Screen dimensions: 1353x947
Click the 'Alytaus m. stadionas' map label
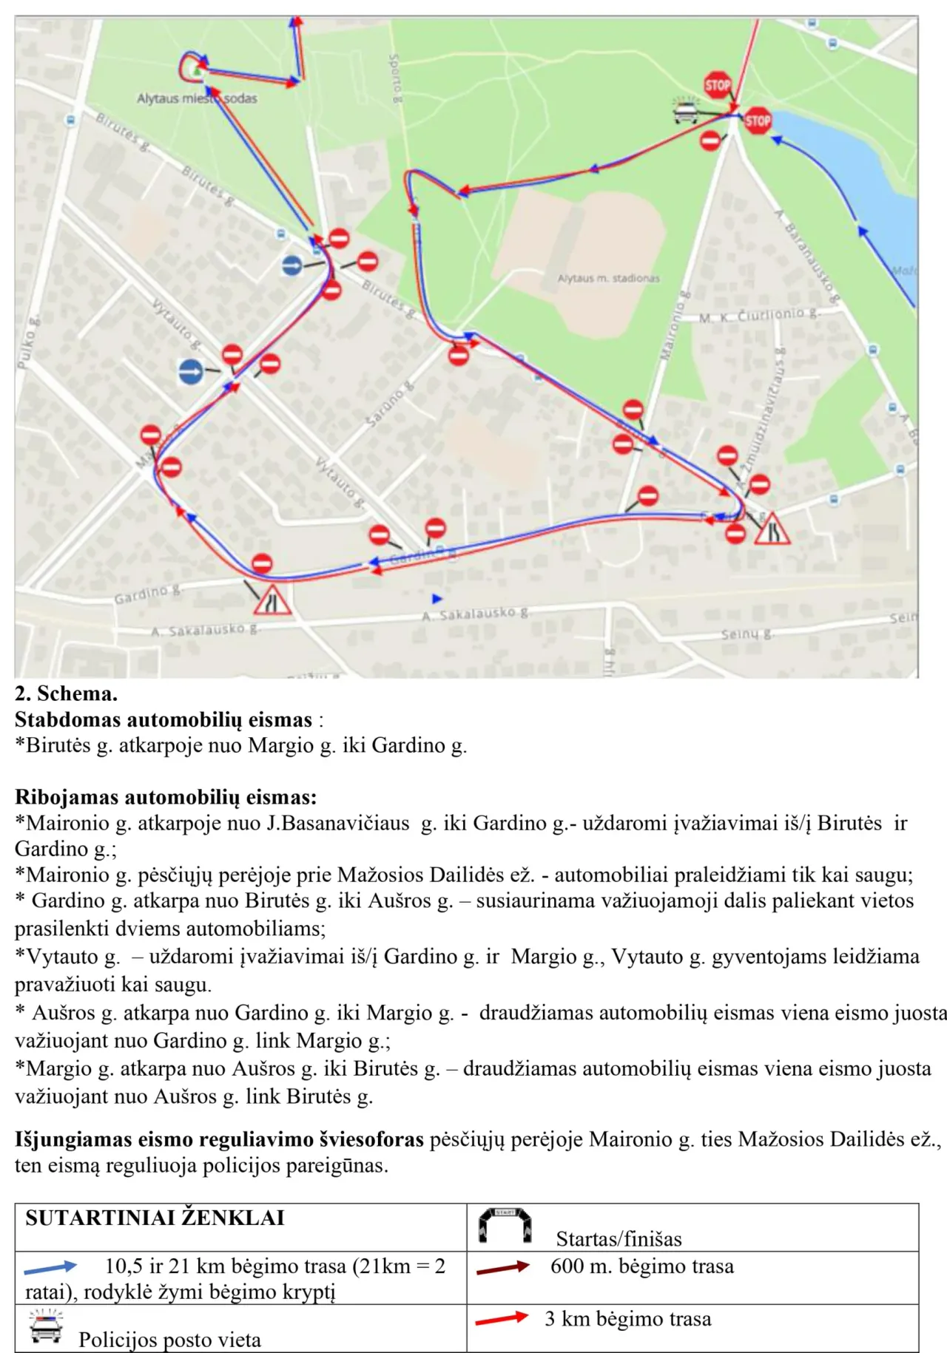click(x=608, y=279)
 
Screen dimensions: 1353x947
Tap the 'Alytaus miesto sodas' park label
click(x=197, y=98)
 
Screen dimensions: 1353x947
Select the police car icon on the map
click(x=686, y=112)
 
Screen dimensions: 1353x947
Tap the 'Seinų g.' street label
click(x=747, y=634)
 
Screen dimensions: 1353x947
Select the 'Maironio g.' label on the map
click(x=673, y=325)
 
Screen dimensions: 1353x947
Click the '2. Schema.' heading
click(x=66, y=694)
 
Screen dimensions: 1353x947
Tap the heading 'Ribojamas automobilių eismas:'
click(x=166, y=797)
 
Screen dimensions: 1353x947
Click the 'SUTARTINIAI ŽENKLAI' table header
click(x=155, y=1218)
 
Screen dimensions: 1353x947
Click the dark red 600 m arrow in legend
click(x=503, y=1267)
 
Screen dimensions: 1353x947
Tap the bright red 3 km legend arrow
click(x=502, y=1318)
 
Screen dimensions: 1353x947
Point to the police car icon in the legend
click(x=47, y=1326)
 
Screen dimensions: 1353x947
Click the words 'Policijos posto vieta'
click(x=169, y=1340)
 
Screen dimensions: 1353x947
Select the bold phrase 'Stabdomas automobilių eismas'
click(x=164, y=719)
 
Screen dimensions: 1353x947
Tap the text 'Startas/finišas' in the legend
click(x=619, y=1238)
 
